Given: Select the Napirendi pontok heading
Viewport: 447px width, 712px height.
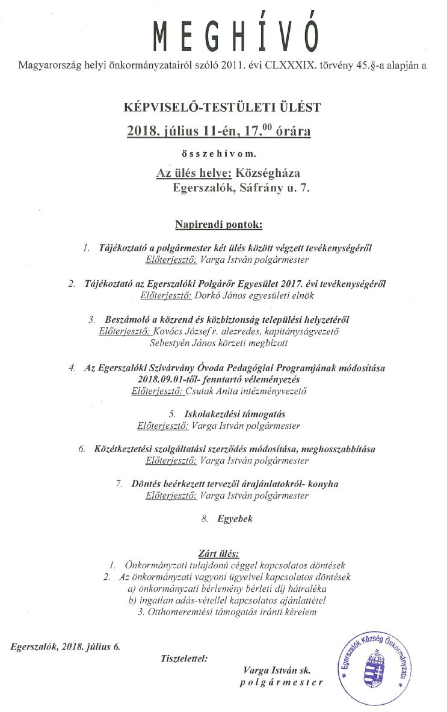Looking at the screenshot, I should pyautogui.click(x=219, y=224).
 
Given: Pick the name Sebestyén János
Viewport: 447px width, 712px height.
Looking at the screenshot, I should pyautogui.click(x=180, y=343).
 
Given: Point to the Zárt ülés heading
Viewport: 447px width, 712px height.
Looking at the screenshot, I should pyautogui.click(x=218, y=553).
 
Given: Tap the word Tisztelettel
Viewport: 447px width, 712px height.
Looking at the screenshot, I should pyautogui.click(x=185, y=658).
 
